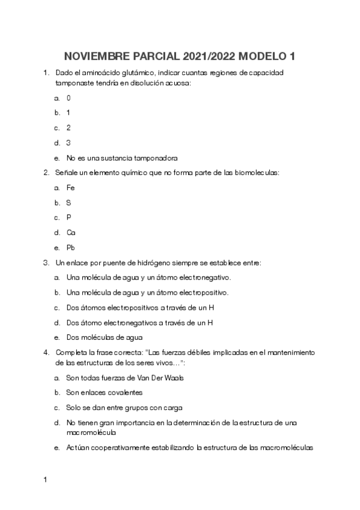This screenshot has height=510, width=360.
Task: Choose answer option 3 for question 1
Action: pos(69,143)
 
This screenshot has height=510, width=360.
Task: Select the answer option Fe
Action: pos(70,188)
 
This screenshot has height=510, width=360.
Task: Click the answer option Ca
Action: pos(71,232)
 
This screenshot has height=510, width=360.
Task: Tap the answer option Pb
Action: pos(71,247)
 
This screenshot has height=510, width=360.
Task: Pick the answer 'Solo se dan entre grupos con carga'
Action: pos(124,407)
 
